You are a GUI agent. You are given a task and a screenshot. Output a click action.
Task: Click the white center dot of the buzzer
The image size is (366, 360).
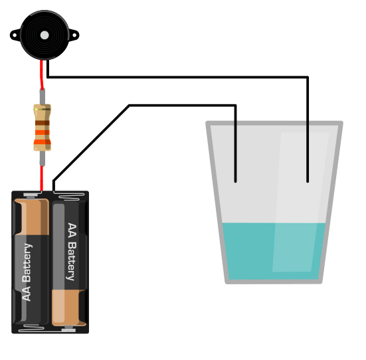[x=45, y=35]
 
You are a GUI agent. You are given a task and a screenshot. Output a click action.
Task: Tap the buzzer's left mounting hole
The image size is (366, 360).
[x=15, y=35]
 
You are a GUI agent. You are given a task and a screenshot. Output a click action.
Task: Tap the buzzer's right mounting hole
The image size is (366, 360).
[x=74, y=35]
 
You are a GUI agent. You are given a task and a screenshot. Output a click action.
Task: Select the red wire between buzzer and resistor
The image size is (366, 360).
[x=42, y=74]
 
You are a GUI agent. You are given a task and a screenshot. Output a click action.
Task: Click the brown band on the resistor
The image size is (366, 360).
[x=43, y=123]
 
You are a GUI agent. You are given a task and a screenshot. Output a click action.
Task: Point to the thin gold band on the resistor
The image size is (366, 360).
[x=43, y=109]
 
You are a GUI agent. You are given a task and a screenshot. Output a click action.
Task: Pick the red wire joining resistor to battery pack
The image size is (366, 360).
[x=42, y=179]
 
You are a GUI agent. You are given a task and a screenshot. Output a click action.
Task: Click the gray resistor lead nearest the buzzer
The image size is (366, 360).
[x=43, y=97]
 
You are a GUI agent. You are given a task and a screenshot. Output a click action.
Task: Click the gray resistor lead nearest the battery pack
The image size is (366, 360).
[x=43, y=158]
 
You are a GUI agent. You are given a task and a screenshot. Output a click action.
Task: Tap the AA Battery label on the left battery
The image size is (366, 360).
[x=27, y=272]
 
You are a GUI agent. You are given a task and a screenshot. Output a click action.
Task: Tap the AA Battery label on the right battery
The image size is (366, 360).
[x=72, y=252]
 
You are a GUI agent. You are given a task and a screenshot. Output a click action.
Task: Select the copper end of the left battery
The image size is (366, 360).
[x=32, y=217]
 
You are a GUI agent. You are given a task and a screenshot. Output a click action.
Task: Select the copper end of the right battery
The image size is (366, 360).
[x=68, y=308]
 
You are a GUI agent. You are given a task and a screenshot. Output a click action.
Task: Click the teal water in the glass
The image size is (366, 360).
[x=274, y=251]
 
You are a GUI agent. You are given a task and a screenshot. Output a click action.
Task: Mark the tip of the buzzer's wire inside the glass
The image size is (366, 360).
[x=308, y=181]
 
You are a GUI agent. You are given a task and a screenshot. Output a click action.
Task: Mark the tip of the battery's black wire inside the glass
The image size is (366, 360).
[x=236, y=181]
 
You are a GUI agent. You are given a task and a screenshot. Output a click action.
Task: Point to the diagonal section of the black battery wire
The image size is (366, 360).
[x=92, y=143]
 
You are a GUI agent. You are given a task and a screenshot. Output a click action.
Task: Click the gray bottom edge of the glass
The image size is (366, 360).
[x=274, y=282]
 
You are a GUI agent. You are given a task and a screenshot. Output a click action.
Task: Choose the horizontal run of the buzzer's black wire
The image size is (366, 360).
[x=178, y=77]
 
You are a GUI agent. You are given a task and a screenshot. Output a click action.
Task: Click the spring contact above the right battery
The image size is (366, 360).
[x=69, y=196]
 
